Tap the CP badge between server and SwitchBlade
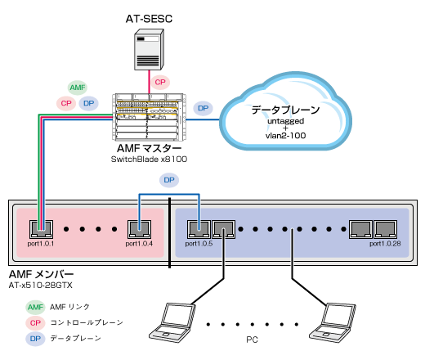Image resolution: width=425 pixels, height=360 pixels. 160,82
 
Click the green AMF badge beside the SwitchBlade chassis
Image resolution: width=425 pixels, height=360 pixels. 78,88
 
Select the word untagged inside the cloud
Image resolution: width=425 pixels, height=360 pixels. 285,120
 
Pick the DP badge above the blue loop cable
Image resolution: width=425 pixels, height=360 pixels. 169,179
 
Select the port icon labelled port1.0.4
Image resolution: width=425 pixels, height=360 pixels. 139,228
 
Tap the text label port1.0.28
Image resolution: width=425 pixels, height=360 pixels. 387,243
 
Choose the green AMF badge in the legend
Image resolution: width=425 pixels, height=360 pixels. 34,306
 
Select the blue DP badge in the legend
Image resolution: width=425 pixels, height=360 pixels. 34,336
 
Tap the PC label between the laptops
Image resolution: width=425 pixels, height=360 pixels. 251,337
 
